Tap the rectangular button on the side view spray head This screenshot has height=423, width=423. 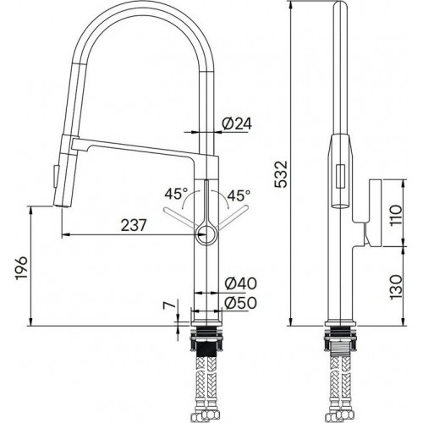(x=339, y=176)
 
